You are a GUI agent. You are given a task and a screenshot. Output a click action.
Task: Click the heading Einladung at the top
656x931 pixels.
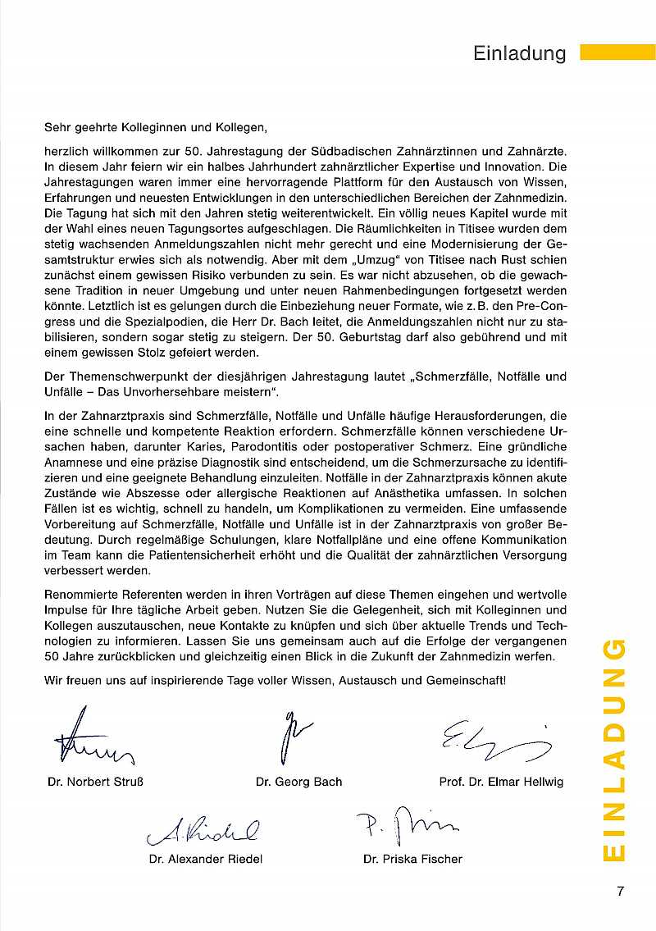click(520, 54)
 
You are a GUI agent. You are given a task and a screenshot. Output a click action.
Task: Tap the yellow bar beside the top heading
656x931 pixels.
click(617, 53)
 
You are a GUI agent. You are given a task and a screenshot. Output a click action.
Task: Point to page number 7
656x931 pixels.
click(621, 892)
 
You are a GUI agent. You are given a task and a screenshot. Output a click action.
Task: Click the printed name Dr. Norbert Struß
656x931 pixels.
click(102, 782)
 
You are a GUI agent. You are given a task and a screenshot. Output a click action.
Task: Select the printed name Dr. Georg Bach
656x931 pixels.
click(298, 782)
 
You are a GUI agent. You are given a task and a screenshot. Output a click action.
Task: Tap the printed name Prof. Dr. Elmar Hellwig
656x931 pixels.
click(501, 782)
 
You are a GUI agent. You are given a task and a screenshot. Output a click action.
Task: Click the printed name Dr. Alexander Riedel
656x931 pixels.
click(206, 859)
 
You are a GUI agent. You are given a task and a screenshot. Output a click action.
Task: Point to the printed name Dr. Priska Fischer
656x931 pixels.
click(412, 859)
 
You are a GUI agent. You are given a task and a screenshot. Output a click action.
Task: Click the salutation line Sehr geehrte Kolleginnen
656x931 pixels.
click(156, 127)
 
